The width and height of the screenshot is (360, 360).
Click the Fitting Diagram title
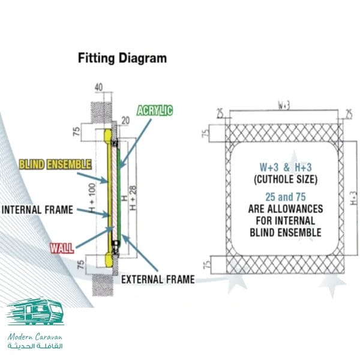click(122, 59)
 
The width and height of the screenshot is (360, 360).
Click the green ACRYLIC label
click(155, 110)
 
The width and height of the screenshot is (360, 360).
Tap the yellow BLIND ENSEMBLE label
click(55, 164)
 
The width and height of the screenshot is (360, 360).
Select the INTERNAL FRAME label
click(37, 210)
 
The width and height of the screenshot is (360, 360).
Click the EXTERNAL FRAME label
click(158, 279)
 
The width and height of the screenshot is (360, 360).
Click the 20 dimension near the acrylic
click(125, 120)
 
